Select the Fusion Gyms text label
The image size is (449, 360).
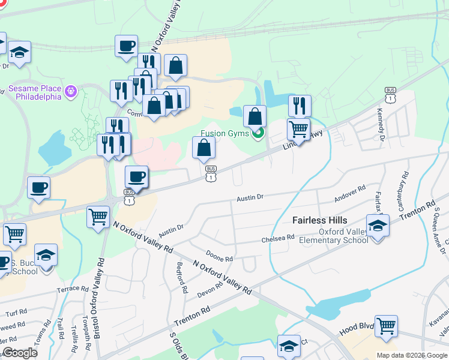pyautogui.click(x=225, y=133)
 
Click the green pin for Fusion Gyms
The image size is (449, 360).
pyautogui.click(x=259, y=133)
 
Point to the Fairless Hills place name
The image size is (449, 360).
pyautogui.click(x=319, y=220)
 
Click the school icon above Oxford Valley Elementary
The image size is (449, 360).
pyautogui.click(x=378, y=227)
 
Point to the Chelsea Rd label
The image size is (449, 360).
pyautogui.click(x=278, y=238)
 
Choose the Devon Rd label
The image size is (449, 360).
pyautogui.click(x=209, y=290)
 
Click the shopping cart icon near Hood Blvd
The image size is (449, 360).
pyautogui.click(x=386, y=326)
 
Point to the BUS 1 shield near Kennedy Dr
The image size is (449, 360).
pyautogui.click(x=391, y=95)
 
